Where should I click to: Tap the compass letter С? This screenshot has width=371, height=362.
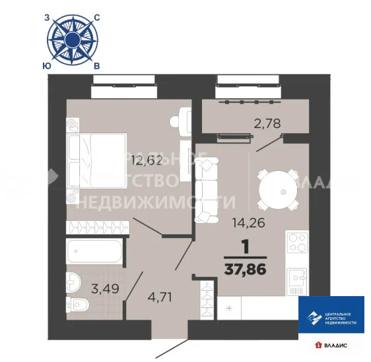[x=96, y=19]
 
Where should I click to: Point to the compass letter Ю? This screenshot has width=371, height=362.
[x=45, y=65]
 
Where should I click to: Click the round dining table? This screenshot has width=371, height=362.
[x=283, y=191]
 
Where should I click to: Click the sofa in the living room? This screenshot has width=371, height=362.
[x=206, y=191]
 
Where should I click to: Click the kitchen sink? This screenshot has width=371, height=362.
[x=298, y=278]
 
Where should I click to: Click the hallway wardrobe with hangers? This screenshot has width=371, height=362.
[x=207, y=300]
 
